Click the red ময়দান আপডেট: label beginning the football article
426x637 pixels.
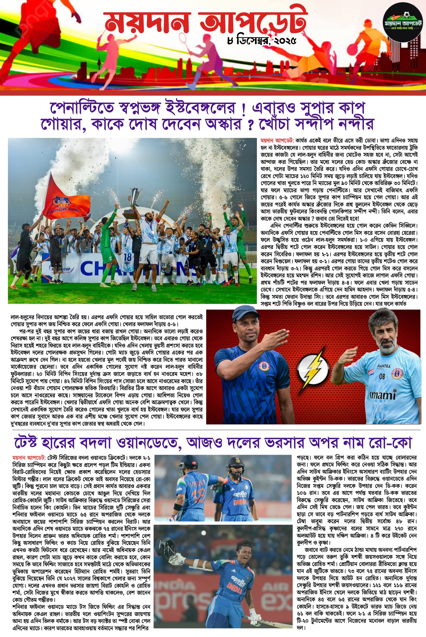pyautogui.click(x=277, y=141)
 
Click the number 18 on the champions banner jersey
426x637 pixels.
pyautogui.click(x=127, y=257)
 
